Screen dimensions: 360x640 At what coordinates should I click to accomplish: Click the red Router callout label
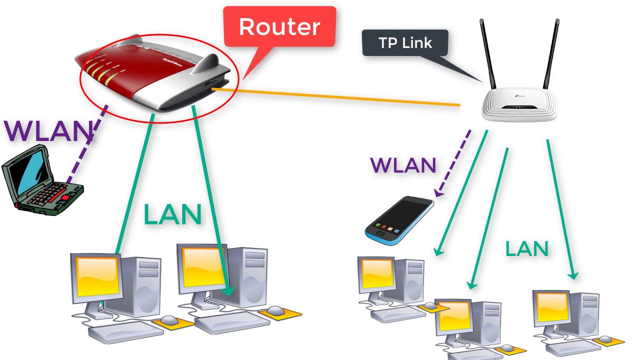279,26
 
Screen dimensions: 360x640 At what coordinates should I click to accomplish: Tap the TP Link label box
405,43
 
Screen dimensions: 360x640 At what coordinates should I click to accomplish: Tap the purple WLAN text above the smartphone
403,165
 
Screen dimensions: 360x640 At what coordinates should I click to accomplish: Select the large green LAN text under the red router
172,214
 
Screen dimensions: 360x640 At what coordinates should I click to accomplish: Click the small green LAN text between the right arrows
526,248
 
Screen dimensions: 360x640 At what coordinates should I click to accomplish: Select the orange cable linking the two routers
335,97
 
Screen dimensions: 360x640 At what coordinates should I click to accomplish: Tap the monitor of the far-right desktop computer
552,308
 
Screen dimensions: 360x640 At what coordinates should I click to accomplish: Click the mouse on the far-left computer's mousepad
168,320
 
